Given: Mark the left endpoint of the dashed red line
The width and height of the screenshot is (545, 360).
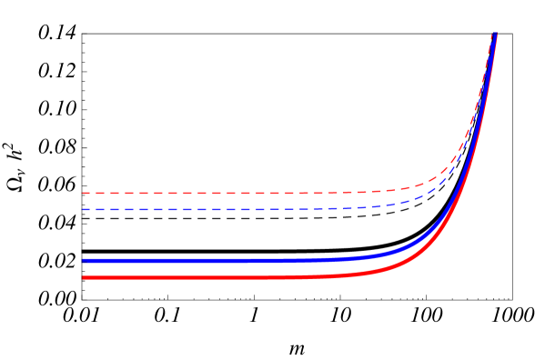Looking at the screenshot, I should point(83,193).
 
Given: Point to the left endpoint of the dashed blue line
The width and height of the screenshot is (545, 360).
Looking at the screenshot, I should point(83,209).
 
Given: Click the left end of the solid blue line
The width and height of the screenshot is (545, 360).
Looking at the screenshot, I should point(84,261).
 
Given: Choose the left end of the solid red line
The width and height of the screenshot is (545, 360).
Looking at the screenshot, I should point(84,277).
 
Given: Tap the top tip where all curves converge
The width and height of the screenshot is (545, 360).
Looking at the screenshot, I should point(495,35).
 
